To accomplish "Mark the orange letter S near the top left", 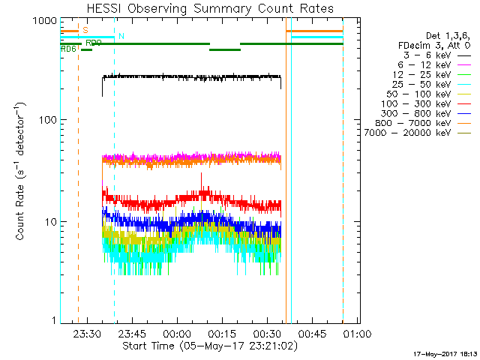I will [85, 30].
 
